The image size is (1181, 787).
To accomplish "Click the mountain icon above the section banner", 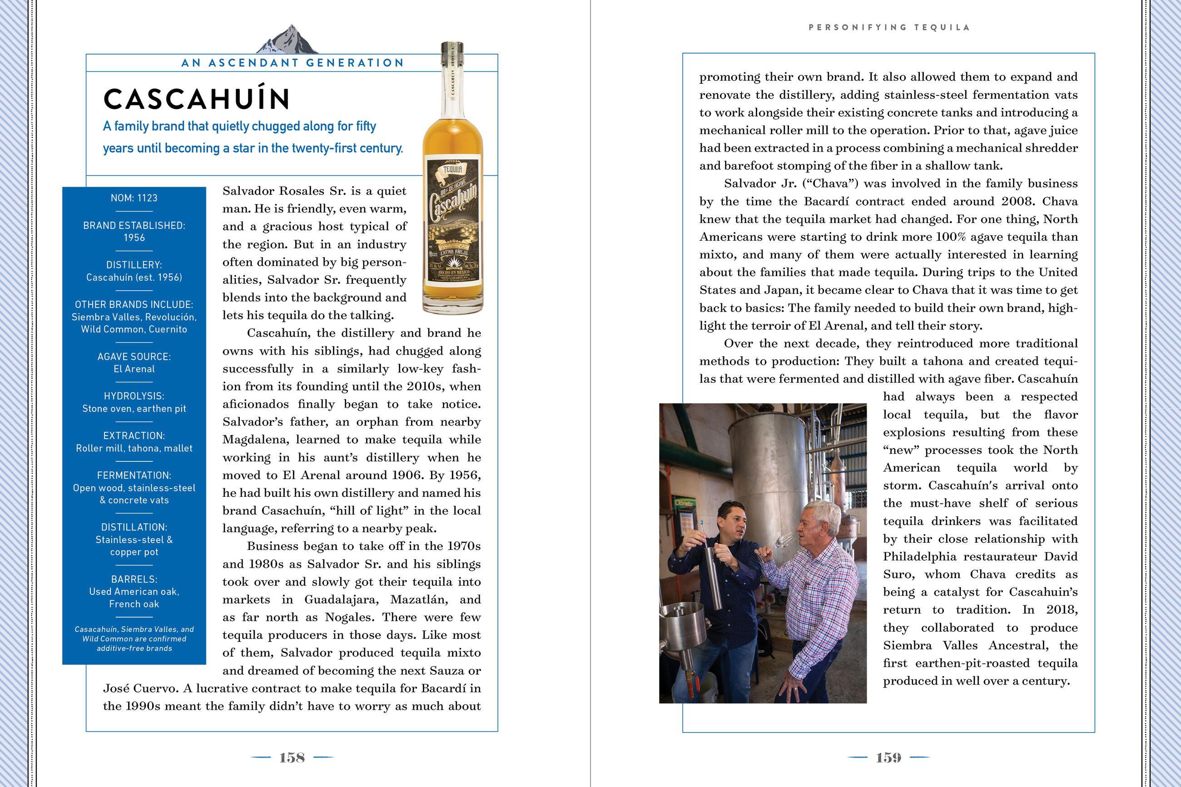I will click(288, 40).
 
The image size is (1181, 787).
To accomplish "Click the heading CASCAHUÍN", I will click(197, 99).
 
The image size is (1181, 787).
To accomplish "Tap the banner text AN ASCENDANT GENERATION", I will click(293, 63).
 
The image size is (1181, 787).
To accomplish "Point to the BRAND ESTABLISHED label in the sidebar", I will click(134, 226).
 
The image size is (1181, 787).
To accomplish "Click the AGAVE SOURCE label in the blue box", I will click(134, 357).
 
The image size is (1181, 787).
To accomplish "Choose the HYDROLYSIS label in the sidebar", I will click(134, 396).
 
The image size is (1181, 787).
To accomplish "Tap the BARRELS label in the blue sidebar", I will click(134, 579).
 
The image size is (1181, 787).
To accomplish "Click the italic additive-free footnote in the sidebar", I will click(134, 639).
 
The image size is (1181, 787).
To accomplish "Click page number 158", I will click(292, 758).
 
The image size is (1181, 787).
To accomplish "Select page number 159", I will click(888, 758).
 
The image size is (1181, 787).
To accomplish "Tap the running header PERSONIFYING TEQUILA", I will click(889, 28).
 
